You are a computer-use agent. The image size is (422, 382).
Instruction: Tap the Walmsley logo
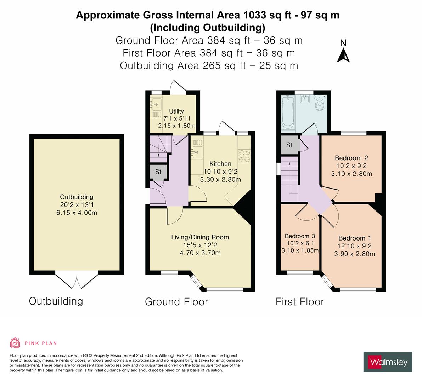[x=388, y=362]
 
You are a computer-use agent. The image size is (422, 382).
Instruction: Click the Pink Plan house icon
[x=15, y=343]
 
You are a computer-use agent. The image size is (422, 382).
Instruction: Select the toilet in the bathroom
[x=320, y=103]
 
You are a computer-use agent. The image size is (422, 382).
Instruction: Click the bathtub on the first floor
[x=288, y=112]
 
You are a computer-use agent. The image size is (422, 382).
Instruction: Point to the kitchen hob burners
[x=244, y=156]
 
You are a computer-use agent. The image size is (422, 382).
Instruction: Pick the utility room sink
[x=156, y=104]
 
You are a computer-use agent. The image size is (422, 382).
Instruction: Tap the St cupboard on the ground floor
[x=158, y=172]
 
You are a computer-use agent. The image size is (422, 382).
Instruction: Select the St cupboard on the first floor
[x=289, y=145]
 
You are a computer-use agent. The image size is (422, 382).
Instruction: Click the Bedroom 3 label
[x=300, y=236]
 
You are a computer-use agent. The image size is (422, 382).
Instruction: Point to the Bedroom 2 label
[x=351, y=158]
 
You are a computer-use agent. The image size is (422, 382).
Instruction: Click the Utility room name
[x=176, y=111]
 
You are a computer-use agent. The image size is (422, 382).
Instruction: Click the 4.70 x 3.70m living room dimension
[x=200, y=253]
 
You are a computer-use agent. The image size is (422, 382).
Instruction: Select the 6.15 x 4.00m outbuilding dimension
[x=77, y=213]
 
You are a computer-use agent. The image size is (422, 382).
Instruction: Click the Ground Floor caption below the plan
[x=176, y=302]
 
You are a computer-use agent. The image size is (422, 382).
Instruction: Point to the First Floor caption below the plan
[x=300, y=302]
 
